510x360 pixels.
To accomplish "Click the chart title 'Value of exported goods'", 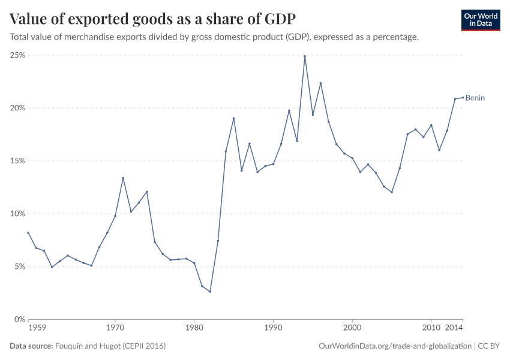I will [x=152, y=19].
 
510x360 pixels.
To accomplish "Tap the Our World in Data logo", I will [x=480, y=20].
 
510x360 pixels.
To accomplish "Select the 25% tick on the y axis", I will [x=17, y=55].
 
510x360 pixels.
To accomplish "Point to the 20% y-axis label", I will [x=17, y=108].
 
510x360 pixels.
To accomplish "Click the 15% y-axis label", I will [x=17, y=161].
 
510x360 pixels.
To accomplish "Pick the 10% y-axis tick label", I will [x=17, y=214].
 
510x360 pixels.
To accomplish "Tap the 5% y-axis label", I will [x=19, y=266].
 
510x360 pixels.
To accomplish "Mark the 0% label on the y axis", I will [x=19, y=319].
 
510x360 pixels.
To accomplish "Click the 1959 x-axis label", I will [x=37, y=328].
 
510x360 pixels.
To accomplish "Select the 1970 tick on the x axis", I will [x=115, y=328].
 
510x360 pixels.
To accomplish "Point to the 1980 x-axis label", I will [x=194, y=328].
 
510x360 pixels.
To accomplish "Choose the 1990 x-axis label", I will [x=273, y=328].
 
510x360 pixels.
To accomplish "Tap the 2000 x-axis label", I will [x=352, y=328].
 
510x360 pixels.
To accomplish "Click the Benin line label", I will [x=475, y=98].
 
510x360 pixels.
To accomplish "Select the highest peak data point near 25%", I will [x=305, y=56].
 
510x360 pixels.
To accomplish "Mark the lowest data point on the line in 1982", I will [x=210, y=292].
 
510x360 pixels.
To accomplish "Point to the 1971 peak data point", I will [x=123, y=178].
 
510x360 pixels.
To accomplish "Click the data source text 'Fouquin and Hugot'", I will [x=110, y=346].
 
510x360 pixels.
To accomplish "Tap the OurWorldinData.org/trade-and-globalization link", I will [x=395, y=346].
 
